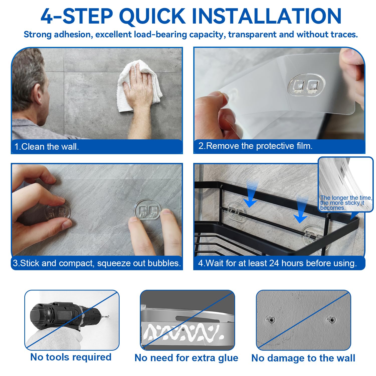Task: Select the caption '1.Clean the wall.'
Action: [x=47, y=147]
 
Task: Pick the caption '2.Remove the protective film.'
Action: [x=255, y=146]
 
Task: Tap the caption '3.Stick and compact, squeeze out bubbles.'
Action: [x=97, y=263]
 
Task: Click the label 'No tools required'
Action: [x=71, y=357]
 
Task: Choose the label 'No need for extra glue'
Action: [x=186, y=358]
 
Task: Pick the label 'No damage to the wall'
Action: [x=303, y=358]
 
